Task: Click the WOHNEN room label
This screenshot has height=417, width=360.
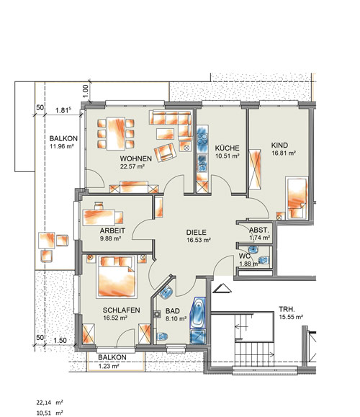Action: (x=135, y=158)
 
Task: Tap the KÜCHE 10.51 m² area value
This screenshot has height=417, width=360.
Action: (x=228, y=156)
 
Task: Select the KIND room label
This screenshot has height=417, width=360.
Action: (x=279, y=145)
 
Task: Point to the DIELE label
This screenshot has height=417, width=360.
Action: (x=197, y=232)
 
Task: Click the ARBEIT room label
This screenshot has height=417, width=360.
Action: (x=112, y=230)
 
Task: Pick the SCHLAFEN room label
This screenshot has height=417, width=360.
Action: (x=121, y=310)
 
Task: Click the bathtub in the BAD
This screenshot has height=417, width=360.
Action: (x=198, y=313)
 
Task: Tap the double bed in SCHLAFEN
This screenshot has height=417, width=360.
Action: (x=117, y=277)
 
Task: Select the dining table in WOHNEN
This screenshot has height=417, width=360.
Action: (x=116, y=134)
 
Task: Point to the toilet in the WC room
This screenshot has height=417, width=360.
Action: (x=264, y=260)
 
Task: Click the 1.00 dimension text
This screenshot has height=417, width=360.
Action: (x=86, y=91)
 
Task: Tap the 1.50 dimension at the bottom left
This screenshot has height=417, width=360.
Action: (x=60, y=341)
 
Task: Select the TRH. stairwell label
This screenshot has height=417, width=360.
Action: (x=287, y=309)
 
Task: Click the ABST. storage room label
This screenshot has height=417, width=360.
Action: (x=259, y=230)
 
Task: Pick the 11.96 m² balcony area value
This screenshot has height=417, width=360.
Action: (x=62, y=146)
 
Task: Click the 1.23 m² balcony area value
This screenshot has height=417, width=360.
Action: (x=109, y=366)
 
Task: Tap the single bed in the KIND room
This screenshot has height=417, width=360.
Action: (x=297, y=198)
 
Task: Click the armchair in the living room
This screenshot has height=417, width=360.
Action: (x=165, y=153)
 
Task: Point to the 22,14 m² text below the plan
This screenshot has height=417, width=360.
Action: (x=50, y=403)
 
